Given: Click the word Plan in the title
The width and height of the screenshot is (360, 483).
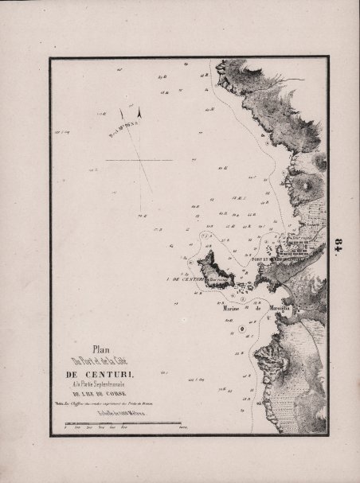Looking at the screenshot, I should click(100, 346).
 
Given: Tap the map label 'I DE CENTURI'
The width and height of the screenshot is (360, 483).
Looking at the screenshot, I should click(187, 279).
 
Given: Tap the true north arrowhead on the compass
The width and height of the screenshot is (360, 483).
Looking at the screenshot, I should click(139, 113).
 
